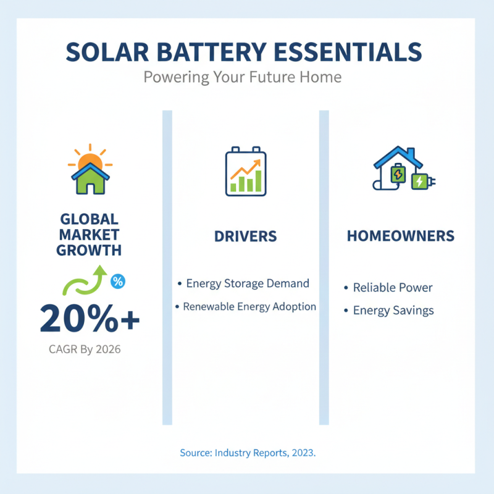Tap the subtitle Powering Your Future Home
(242, 78)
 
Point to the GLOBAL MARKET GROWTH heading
(89, 235)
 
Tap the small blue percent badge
(117, 282)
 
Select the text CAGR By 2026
(85, 350)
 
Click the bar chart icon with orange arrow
(245, 172)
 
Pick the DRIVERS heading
(245, 237)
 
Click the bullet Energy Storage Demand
(243, 283)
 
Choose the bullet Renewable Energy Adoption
(245, 306)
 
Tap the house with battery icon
(400, 169)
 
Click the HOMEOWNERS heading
(400, 236)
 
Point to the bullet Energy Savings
(388, 310)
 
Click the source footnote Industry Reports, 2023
(248, 453)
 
